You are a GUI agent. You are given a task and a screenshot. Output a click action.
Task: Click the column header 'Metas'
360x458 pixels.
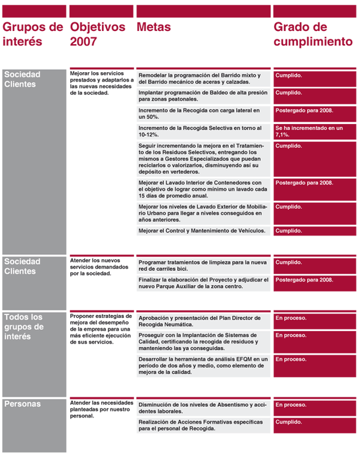tap(154, 27)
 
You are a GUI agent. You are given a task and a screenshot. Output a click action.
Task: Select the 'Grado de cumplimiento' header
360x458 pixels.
tap(310, 34)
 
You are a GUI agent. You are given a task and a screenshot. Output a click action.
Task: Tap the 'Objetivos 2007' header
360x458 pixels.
tap(98, 34)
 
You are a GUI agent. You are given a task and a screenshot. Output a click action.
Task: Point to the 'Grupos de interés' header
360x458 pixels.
tap(32, 34)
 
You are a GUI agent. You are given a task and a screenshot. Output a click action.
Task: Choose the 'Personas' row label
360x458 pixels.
tap(23, 404)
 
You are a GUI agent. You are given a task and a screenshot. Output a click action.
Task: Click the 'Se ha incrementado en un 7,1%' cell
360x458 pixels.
tap(310, 131)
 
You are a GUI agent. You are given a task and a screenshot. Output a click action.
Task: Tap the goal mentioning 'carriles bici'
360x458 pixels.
tap(201, 265)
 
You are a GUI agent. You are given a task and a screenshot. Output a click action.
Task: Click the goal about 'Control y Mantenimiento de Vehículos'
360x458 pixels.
tap(201, 231)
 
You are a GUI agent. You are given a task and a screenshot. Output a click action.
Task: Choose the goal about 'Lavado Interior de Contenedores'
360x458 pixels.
tap(201, 189)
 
